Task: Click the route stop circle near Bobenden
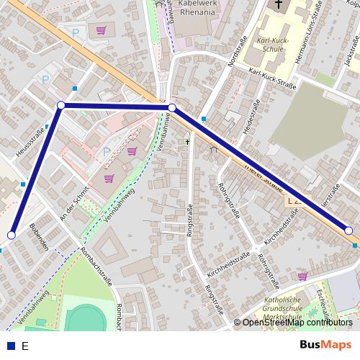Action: pos(12,235)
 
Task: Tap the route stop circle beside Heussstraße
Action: pos(61,106)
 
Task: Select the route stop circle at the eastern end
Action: pos(348,230)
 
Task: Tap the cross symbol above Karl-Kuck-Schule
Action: pos(279,5)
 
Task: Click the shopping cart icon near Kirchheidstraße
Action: pos(302,275)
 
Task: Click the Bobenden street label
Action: pos(40,238)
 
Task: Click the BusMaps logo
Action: pos(326,344)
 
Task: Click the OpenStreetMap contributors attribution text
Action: pos(297,323)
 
